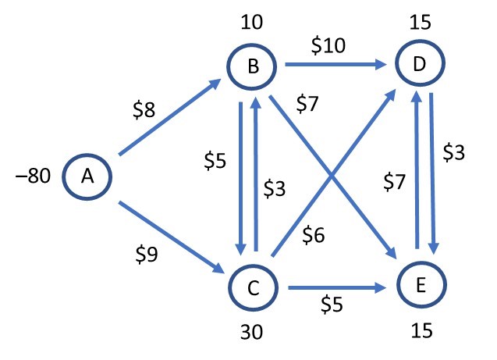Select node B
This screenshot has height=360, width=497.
point(253,68)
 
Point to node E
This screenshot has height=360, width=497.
point(421,287)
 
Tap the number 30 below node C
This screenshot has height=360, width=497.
point(252,333)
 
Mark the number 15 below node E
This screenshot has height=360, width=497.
point(422,333)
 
